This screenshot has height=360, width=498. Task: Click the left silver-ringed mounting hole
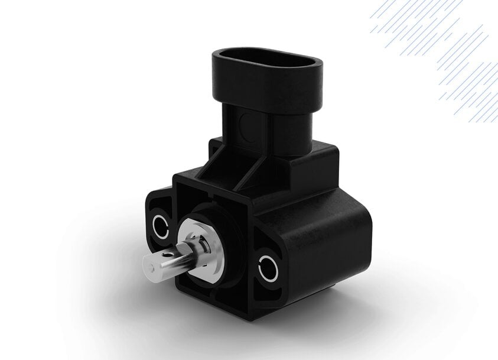(161, 225)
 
